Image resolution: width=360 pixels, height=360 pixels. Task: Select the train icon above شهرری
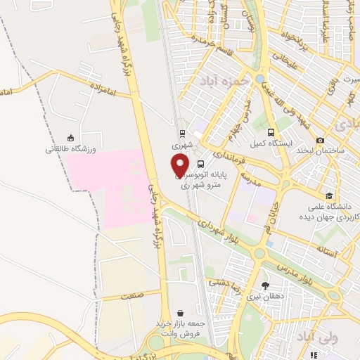tap(182, 132)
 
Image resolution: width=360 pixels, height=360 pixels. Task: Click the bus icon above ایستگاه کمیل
tap(271, 132)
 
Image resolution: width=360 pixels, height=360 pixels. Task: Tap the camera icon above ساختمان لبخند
tap(320, 141)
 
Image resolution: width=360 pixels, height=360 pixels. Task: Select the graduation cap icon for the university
tap(329, 195)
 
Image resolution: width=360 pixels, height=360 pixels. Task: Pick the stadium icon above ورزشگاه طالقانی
tap(70, 139)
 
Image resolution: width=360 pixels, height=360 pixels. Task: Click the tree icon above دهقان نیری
tap(264, 285)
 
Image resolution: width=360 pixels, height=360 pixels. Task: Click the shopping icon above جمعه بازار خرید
tap(182, 313)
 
